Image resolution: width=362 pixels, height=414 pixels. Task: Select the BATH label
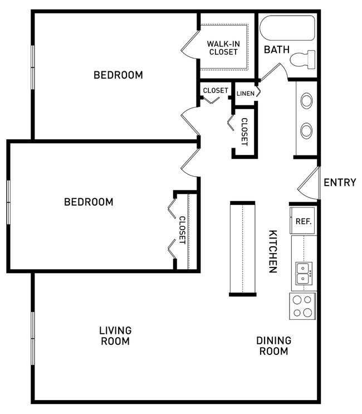click(277, 50)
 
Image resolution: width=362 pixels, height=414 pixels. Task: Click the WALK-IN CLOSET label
click(223, 47)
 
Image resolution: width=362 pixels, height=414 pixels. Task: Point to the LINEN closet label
click(245, 93)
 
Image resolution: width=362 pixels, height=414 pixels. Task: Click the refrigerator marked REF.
click(303, 221)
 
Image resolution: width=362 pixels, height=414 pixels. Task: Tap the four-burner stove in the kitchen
click(302, 306)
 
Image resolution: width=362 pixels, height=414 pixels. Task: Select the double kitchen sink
click(303, 273)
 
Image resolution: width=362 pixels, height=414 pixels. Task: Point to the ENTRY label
click(339, 182)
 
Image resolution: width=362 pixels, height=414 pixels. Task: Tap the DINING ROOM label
click(273, 345)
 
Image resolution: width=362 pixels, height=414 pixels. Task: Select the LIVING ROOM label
click(115, 335)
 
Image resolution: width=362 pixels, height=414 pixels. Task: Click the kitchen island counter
click(242, 248)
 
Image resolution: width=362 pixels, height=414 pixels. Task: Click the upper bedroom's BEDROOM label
click(118, 75)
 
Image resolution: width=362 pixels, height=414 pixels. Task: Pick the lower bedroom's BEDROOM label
click(89, 202)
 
